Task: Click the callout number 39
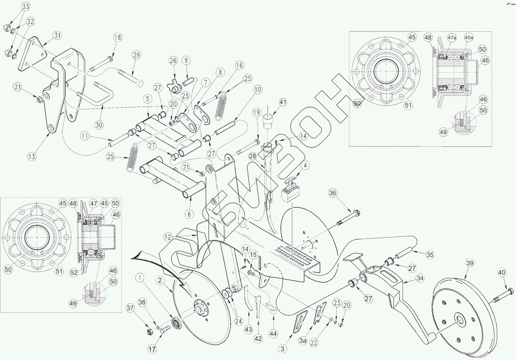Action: pos(470,263)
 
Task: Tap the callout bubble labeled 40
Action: pos(501,273)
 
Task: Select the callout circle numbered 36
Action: pos(333,193)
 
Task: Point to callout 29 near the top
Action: pos(136,55)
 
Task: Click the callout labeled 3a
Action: pos(303,341)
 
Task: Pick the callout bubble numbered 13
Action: pos(32,156)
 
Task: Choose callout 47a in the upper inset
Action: pos(452,38)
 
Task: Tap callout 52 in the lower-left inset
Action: pos(74,272)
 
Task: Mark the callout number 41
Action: pos(283,102)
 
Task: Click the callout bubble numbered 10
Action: pos(257,89)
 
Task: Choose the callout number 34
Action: pos(421,278)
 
